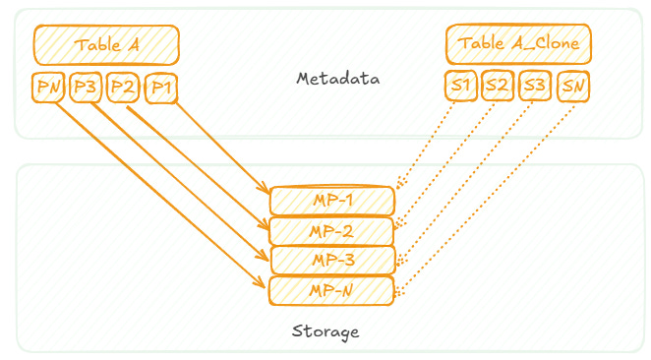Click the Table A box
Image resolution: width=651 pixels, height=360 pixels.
click(106, 45)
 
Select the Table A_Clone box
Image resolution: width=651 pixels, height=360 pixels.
click(519, 45)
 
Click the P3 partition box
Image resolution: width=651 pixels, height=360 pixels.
click(86, 87)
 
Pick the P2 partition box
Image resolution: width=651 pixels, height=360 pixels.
click(123, 87)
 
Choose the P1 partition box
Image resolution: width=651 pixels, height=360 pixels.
click(160, 87)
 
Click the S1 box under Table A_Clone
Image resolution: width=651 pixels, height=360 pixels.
click(460, 86)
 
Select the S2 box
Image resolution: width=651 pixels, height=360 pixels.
click(498, 86)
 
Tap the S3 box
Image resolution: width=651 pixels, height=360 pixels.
click(535, 86)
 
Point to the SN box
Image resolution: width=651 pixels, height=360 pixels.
click(572, 86)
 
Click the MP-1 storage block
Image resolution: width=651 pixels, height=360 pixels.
click(332, 201)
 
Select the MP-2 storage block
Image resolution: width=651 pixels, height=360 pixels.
click(332, 231)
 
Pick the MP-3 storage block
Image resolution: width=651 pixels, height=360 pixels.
click(332, 260)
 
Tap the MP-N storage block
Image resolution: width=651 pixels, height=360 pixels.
click(332, 289)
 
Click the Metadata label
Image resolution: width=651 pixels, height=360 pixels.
click(338, 78)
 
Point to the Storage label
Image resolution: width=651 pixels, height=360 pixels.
click(325, 330)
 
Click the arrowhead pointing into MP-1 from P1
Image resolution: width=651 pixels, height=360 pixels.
click(265, 190)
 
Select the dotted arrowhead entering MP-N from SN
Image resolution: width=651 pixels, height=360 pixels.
click(401, 290)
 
